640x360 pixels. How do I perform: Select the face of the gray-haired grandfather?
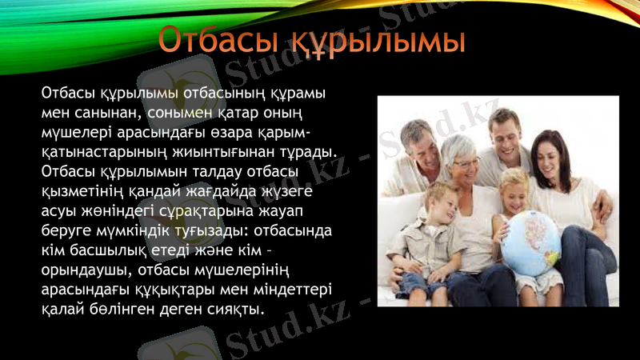421,145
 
